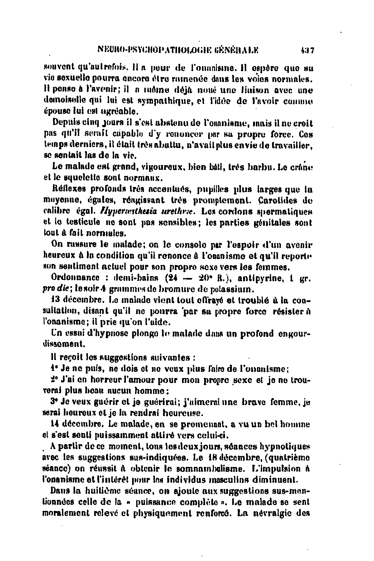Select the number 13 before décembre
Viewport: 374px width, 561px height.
point(55,301)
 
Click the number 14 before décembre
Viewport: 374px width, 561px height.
point(55,424)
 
